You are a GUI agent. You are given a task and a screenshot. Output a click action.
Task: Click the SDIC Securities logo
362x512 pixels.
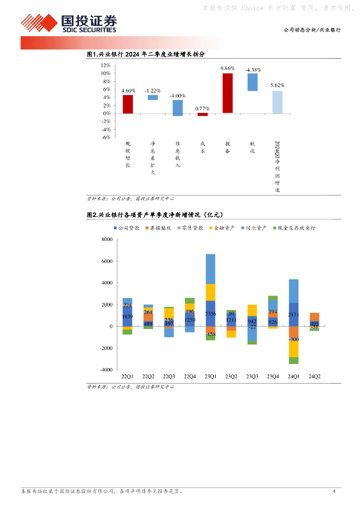click(x=68, y=23)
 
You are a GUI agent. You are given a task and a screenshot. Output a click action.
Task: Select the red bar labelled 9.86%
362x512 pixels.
click(x=227, y=93)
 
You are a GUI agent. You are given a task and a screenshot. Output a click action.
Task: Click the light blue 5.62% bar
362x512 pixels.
click(x=277, y=102)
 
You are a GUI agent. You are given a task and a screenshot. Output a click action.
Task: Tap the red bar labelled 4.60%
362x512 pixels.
click(x=128, y=104)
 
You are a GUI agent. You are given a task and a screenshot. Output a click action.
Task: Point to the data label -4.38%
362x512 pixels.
click(x=253, y=70)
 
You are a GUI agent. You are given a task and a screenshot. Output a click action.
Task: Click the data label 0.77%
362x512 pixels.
click(x=202, y=108)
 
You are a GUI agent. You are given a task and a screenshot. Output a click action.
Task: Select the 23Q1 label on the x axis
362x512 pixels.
click(x=210, y=376)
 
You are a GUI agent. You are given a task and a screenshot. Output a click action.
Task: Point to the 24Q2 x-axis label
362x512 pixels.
click(x=314, y=376)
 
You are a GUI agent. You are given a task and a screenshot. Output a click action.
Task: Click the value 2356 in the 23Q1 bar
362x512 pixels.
click(x=210, y=314)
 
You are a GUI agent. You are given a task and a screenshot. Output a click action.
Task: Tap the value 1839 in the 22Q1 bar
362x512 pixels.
click(x=127, y=317)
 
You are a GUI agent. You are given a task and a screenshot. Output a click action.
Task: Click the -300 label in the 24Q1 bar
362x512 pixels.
click(x=293, y=339)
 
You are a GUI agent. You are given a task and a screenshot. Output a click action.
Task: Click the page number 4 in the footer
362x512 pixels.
click(x=333, y=491)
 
